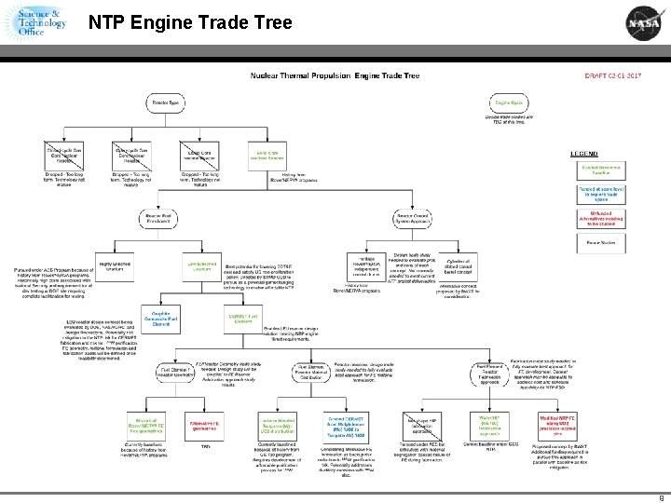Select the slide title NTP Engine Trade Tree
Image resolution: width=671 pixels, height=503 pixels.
(x=190, y=22)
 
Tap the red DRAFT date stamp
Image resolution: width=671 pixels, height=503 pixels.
(x=612, y=75)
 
